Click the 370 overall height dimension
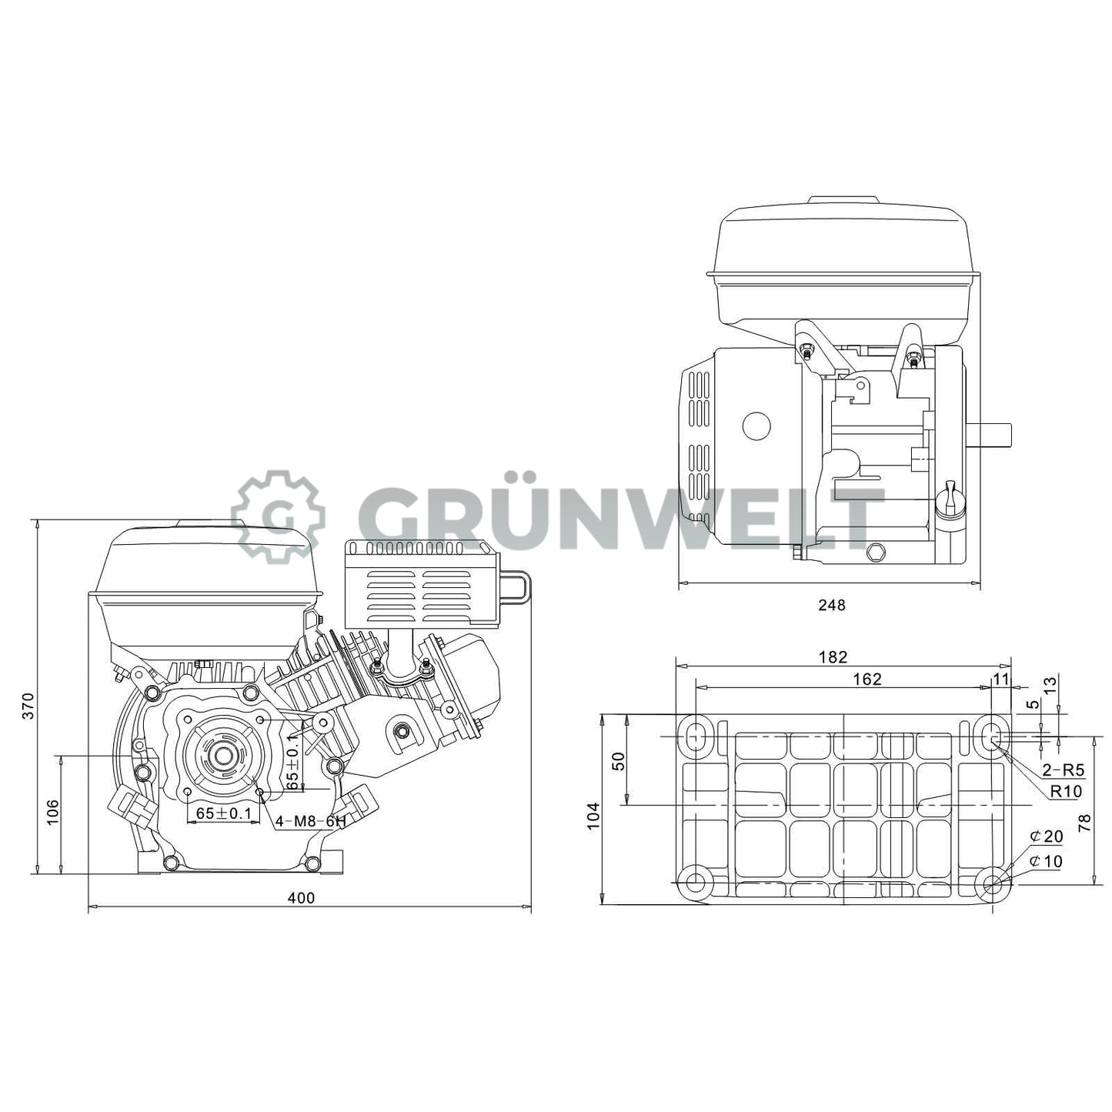coord(28,705)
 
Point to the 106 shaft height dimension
coord(52,812)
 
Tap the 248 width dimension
coord(831,605)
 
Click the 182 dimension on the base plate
coord(833,656)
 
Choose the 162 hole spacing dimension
coord(867,679)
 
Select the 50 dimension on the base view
coord(618,760)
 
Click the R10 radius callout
coord(1066,791)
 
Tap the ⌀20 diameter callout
coord(1047,837)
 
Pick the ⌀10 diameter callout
coord(1047,861)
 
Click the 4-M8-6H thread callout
coord(310,821)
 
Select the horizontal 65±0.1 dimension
coord(224,813)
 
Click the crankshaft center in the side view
coord(224,755)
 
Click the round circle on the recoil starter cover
coord(756,426)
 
